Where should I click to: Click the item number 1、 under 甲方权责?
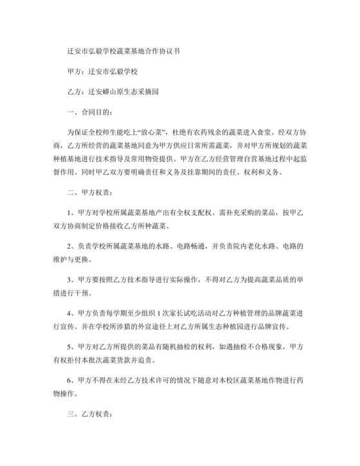(x=72, y=213)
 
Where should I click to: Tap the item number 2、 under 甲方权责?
(x=72, y=247)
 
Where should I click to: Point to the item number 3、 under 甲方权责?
(x=72, y=280)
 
